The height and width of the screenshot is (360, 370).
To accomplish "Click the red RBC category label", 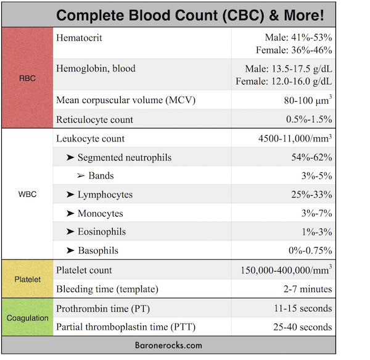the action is [x=27, y=78].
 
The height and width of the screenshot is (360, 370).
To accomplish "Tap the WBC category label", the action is [x=27, y=194].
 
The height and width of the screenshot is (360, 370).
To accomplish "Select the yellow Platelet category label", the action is [x=27, y=279].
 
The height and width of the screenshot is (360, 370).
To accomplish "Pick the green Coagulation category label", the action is [x=27, y=318].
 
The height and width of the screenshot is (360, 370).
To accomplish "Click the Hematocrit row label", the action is [x=79, y=38].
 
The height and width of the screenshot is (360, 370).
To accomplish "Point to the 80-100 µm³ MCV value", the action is [x=308, y=99].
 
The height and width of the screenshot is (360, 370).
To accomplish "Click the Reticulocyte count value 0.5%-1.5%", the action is [x=309, y=119].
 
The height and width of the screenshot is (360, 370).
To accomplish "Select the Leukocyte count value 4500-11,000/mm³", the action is [x=295, y=138].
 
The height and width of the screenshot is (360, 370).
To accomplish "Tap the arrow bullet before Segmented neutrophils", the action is [x=70, y=157].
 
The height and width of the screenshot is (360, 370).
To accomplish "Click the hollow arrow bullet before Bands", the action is [x=81, y=175].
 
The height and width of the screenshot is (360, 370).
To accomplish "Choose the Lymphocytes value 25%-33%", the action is [x=311, y=195].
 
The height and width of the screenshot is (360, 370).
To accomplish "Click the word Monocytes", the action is [x=101, y=213].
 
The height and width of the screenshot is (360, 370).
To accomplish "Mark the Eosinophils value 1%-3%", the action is [x=317, y=232].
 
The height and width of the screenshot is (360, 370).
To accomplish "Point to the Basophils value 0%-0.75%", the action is [x=310, y=250].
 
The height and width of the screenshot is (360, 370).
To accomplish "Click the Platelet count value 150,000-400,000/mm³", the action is [x=287, y=269].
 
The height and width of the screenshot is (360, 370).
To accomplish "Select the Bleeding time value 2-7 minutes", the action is [x=308, y=289].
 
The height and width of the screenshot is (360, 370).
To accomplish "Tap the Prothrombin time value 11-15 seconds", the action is [x=303, y=308].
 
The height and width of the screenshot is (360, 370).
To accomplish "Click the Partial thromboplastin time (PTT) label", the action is [x=126, y=327].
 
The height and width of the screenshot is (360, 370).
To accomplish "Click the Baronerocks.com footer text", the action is [x=168, y=345].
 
